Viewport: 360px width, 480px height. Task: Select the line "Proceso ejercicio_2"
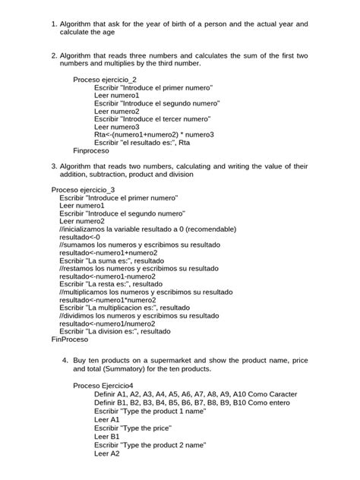(105, 79)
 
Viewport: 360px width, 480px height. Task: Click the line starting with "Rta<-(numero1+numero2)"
(154, 134)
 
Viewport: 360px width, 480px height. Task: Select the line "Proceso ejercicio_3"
(83, 189)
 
